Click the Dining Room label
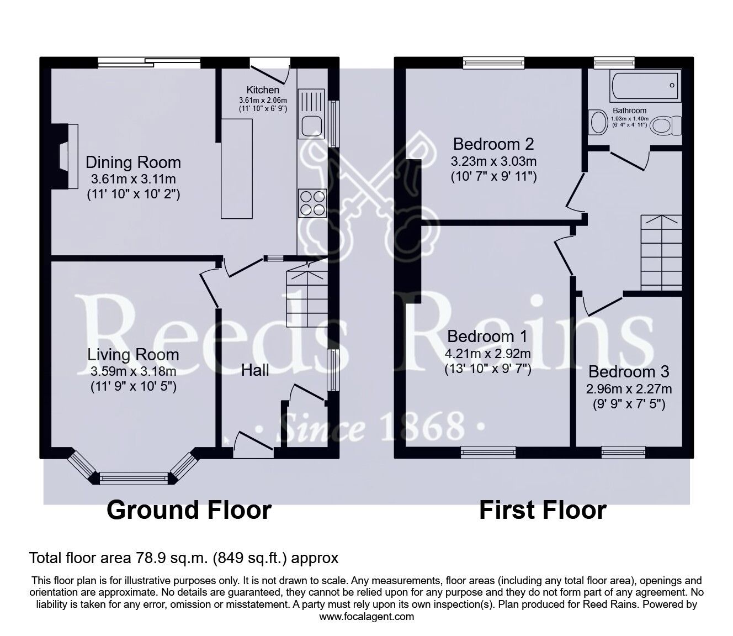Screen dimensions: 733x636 (x=134, y=162)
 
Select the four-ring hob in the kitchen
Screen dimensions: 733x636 (x=312, y=203)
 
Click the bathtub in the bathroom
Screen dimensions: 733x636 (x=645, y=86)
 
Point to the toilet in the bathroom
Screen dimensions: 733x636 (x=666, y=126)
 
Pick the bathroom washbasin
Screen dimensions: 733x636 (x=598, y=122)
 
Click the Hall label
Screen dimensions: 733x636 (x=254, y=370)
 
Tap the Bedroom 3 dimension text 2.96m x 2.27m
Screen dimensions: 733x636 (x=629, y=389)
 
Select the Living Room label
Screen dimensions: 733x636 (x=134, y=355)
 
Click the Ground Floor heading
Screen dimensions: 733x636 (x=189, y=510)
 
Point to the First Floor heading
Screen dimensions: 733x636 (x=543, y=510)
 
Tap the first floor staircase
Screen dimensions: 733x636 (x=661, y=253)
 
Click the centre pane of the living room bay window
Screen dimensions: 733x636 (x=134, y=479)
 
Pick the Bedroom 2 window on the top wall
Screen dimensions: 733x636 (x=493, y=63)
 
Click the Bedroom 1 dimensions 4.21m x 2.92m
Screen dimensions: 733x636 (x=487, y=354)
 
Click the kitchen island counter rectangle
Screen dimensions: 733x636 (x=237, y=169)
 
